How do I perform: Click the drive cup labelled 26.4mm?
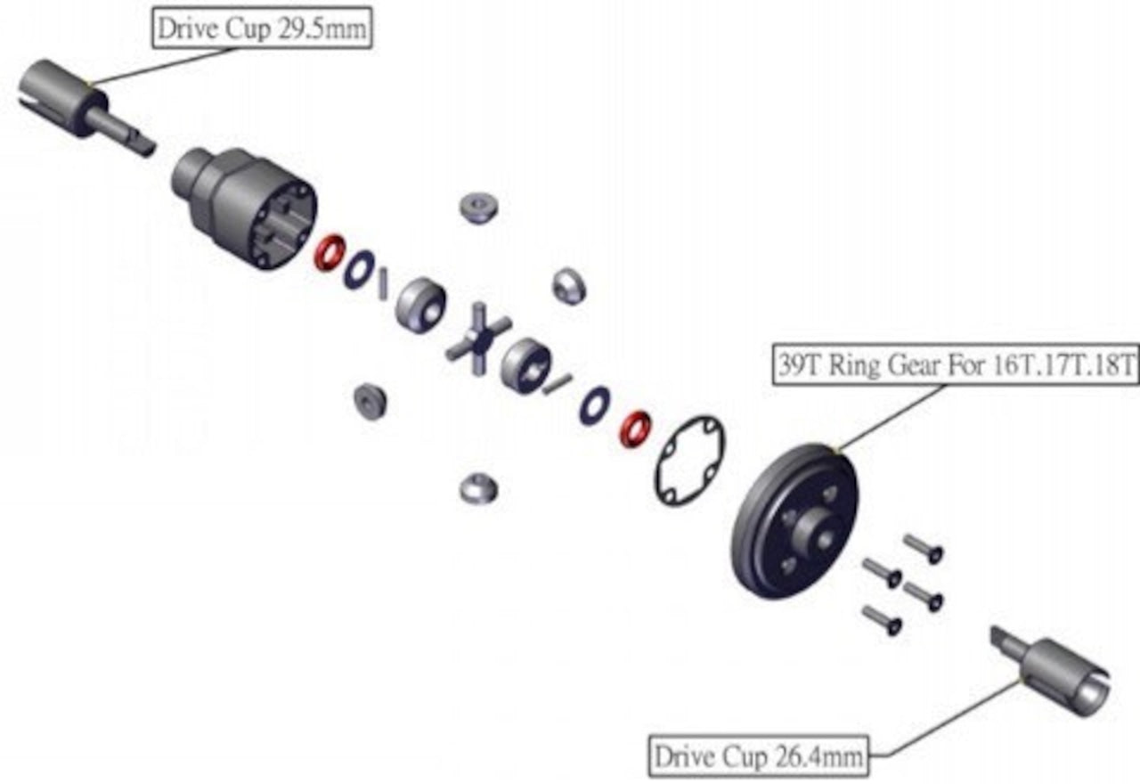[x=1060, y=674]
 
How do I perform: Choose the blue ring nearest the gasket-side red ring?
[x=594, y=404]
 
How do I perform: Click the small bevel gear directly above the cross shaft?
[x=478, y=207]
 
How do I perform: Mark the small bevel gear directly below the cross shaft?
[x=478, y=487]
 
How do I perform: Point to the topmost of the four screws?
[x=923, y=547]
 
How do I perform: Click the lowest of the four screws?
[x=882, y=619]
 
